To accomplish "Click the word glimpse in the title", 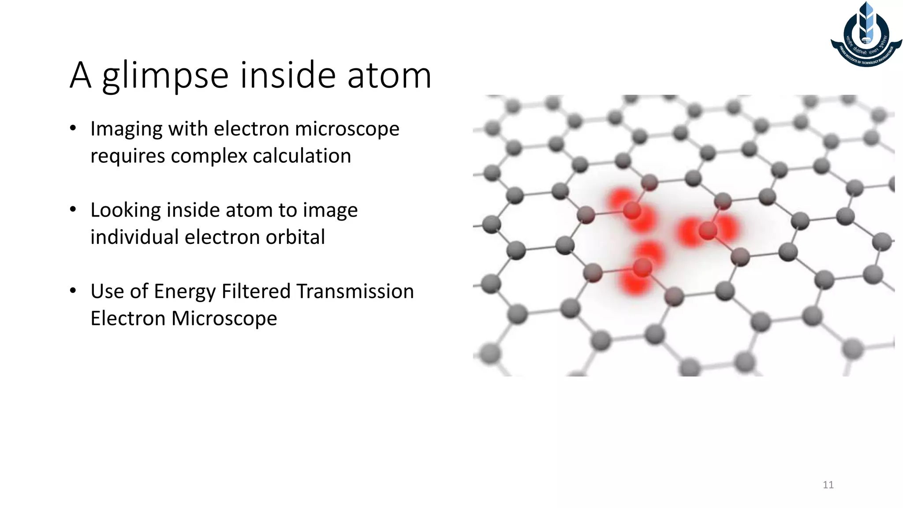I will tap(165, 76).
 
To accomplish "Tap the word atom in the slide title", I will tap(389, 76).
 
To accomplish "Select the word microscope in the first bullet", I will tap(347, 129).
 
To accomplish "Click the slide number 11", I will tap(828, 485).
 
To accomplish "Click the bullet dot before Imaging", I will tap(73, 129).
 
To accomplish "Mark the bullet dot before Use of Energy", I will tap(73, 291).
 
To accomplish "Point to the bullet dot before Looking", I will tap(73, 210).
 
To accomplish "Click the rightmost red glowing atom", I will tap(708, 230).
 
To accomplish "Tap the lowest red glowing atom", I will tap(642, 268).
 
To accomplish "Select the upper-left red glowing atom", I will tap(632, 210).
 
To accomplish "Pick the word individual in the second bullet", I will tap(134, 237).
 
